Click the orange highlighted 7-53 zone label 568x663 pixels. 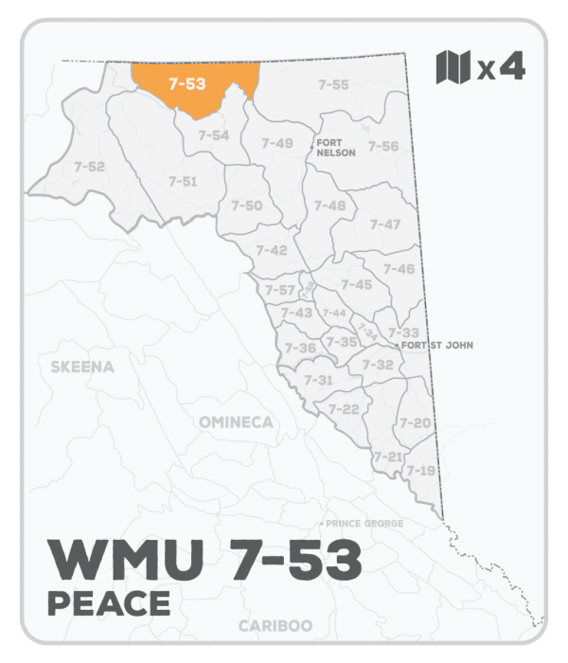pos(186,83)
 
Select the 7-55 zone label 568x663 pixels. pos(333,84)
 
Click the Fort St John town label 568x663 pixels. pos(436,346)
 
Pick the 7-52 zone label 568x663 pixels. pos(89,167)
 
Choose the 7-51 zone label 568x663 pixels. pos(183,181)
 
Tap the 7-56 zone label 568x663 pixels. pos(383,146)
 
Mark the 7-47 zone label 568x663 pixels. pos(385,224)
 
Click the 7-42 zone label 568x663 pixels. pos(272,250)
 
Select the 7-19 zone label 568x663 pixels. pos(420,470)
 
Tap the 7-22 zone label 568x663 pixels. pos(344,408)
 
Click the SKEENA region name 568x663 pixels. pos(81,367)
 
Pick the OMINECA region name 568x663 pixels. pos(236,421)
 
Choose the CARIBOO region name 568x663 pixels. pos(277,626)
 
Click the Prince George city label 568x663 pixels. pos(364,524)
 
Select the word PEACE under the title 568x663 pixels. pos(107,601)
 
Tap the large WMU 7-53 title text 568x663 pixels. pos(204,561)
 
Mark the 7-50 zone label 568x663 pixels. pos(247,206)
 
